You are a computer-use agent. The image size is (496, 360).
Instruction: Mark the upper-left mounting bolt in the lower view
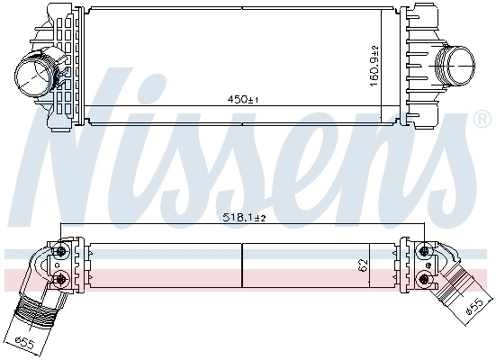click(61, 251)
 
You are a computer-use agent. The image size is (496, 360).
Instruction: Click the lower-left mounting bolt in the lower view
click(61, 280)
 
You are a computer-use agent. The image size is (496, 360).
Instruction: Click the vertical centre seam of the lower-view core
click(243, 265)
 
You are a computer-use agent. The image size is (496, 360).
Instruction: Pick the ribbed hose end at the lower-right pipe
click(456, 294)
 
